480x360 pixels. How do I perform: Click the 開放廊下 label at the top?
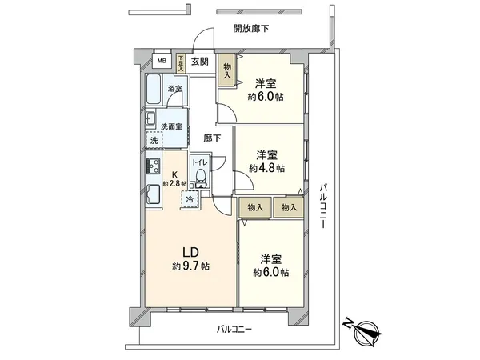251,29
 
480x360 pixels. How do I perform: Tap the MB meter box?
161,61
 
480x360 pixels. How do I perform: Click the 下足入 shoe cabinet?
182,62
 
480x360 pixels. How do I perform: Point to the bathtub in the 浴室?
158,91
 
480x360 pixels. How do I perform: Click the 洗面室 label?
170,126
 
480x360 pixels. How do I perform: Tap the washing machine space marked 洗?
153,140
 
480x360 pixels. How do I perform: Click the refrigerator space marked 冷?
190,198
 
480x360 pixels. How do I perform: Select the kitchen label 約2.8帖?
174,183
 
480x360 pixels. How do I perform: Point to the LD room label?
183,250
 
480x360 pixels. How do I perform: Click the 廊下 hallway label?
212,138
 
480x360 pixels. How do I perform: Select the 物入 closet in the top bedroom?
228,70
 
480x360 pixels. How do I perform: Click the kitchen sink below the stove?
153,194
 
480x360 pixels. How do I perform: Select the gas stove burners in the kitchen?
152,167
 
